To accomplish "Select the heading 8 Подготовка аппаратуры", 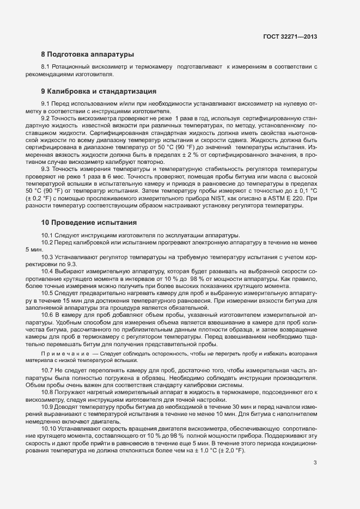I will (87, 54).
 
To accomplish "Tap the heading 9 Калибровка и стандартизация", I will (99, 91).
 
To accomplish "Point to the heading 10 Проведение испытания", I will (89, 223).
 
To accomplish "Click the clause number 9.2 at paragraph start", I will (46, 118).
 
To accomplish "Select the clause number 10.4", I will (48, 271).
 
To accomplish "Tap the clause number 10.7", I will (48, 370).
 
